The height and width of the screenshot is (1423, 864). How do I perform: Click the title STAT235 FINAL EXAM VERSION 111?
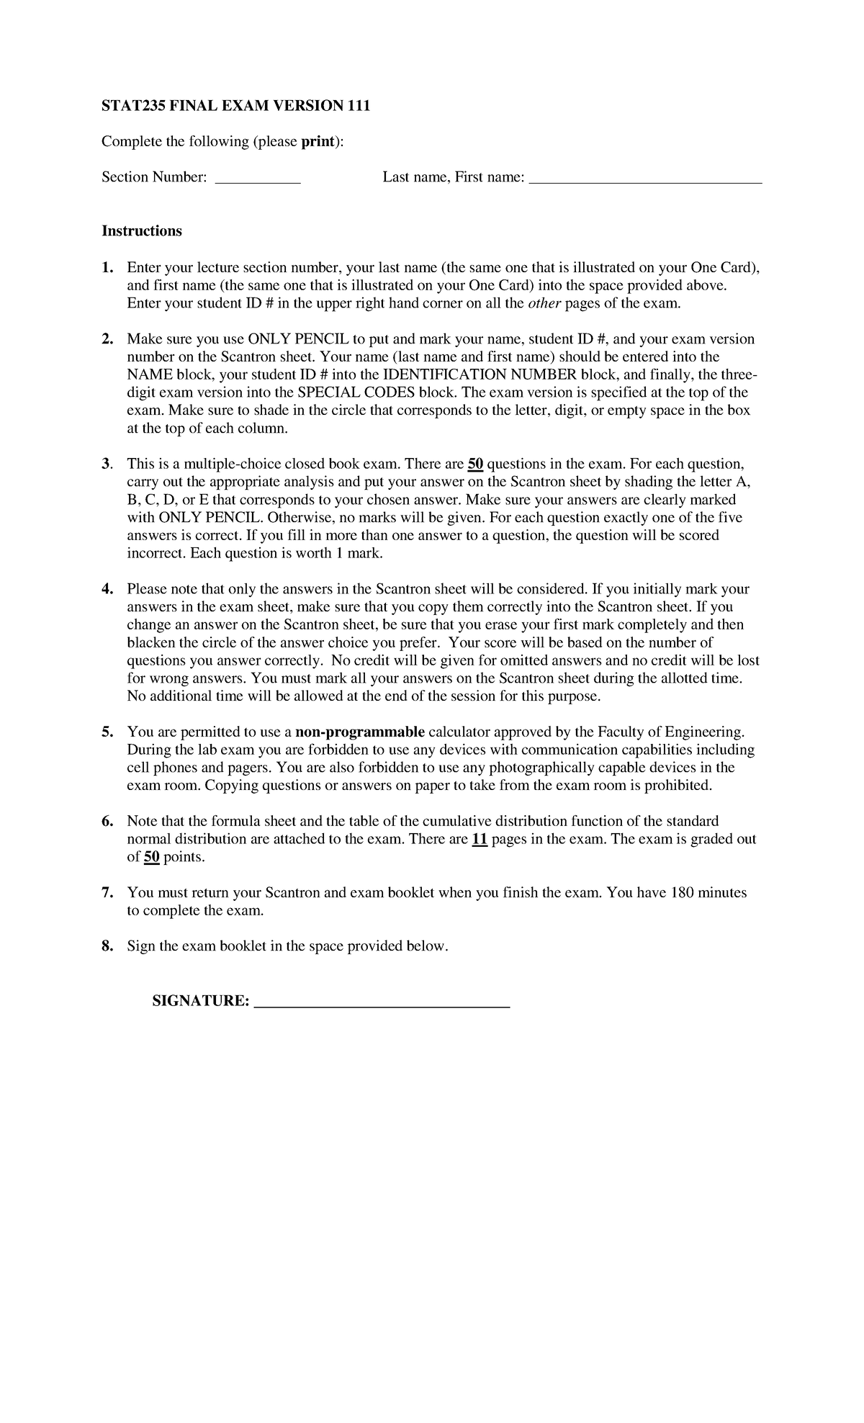[x=235, y=106]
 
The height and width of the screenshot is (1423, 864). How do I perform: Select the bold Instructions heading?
[x=142, y=231]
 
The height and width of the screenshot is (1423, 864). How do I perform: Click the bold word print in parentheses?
[x=318, y=141]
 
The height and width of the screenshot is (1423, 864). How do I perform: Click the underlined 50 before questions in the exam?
[x=475, y=464]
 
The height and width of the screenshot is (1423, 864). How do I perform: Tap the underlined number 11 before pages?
[x=480, y=839]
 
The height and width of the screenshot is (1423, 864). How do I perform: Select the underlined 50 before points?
[x=152, y=857]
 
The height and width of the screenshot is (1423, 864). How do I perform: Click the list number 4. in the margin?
[x=107, y=589]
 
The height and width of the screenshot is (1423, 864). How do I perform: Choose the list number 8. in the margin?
[x=107, y=946]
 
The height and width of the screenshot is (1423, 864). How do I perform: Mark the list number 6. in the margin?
[x=107, y=822]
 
